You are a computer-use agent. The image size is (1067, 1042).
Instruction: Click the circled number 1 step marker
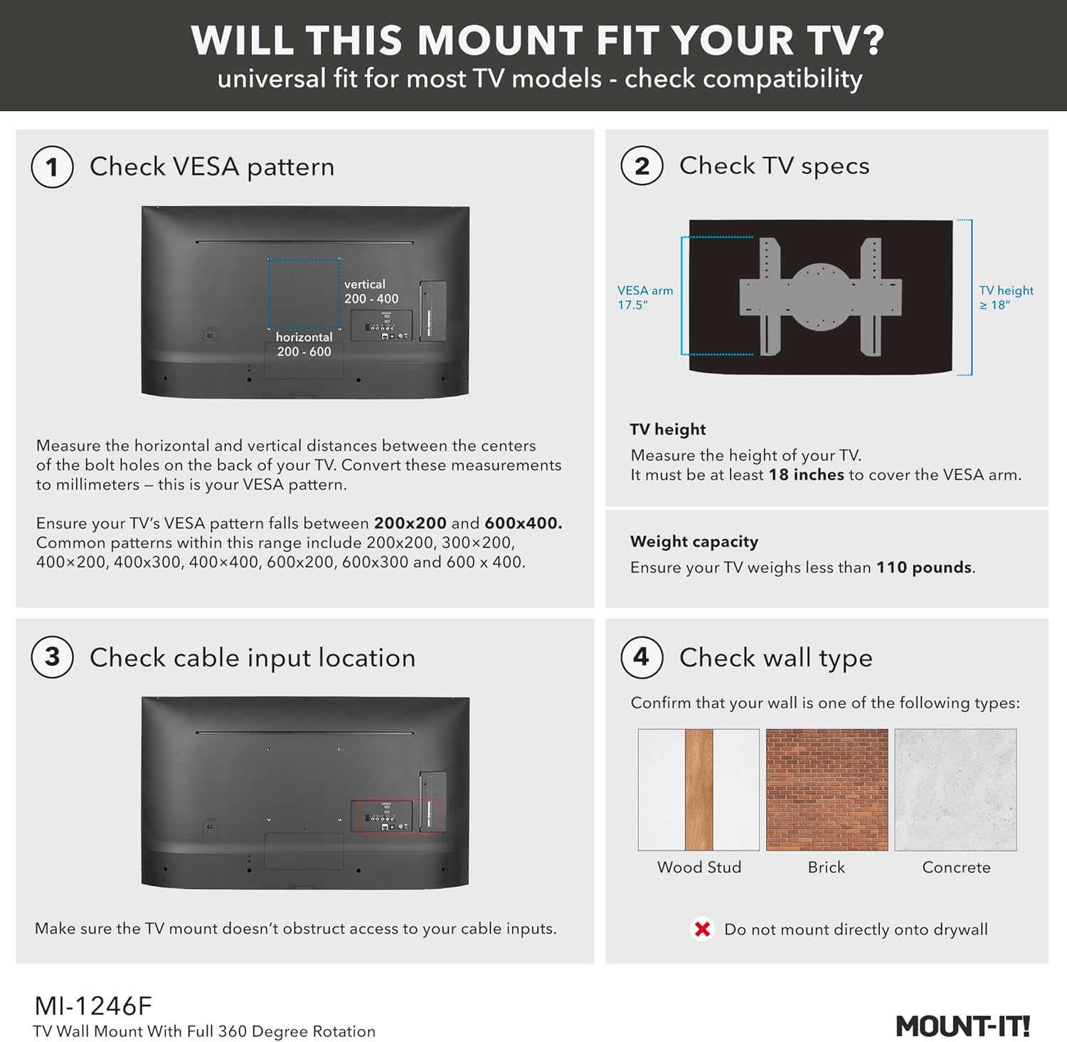click(x=52, y=167)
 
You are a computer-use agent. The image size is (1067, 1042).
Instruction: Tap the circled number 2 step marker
click(x=642, y=165)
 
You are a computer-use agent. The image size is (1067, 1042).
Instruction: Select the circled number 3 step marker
click(x=52, y=657)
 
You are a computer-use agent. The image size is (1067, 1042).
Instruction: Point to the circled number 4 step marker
click(x=642, y=657)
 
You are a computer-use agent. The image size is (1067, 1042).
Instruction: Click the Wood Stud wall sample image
click(x=699, y=789)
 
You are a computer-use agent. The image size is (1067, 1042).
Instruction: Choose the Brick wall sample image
click(x=827, y=789)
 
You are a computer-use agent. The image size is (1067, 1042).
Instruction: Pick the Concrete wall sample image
click(x=955, y=789)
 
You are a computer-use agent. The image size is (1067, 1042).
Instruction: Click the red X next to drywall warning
click(x=702, y=929)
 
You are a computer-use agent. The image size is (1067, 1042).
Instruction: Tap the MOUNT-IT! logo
click(x=962, y=1026)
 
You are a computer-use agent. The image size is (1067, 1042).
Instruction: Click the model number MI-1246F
click(x=93, y=1006)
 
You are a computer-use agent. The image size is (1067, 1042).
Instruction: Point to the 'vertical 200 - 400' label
click(x=371, y=292)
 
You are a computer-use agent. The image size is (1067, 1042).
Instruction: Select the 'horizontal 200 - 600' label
click(x=304, y=344)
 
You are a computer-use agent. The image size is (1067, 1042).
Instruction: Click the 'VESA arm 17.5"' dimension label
click(x=644, y=298)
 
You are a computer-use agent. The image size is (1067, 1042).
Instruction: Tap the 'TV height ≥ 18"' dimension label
click(x=1006, y=298)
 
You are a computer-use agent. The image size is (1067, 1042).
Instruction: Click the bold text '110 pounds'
click(x=923, y=567)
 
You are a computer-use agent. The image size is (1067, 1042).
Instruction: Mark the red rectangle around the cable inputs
click(x=399, y=816)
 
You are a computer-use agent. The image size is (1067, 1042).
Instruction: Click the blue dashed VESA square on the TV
click(x=304, y=293)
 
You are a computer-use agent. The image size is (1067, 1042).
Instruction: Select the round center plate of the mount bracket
click(x=820, y=297)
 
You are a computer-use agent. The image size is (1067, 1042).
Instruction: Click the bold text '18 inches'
click(x=806, y=475)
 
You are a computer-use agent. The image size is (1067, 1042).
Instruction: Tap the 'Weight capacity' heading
click(x=694, y=542)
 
